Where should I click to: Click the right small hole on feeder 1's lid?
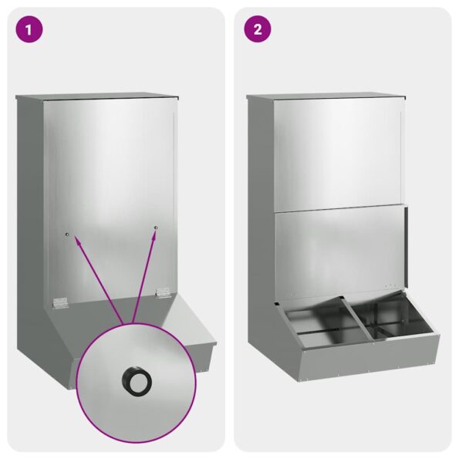click(155, 228)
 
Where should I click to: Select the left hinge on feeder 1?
click(56, 302)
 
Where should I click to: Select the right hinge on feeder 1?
click(163, 292)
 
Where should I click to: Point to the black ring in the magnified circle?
click(137, 379)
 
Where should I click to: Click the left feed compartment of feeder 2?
click(319, 324)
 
